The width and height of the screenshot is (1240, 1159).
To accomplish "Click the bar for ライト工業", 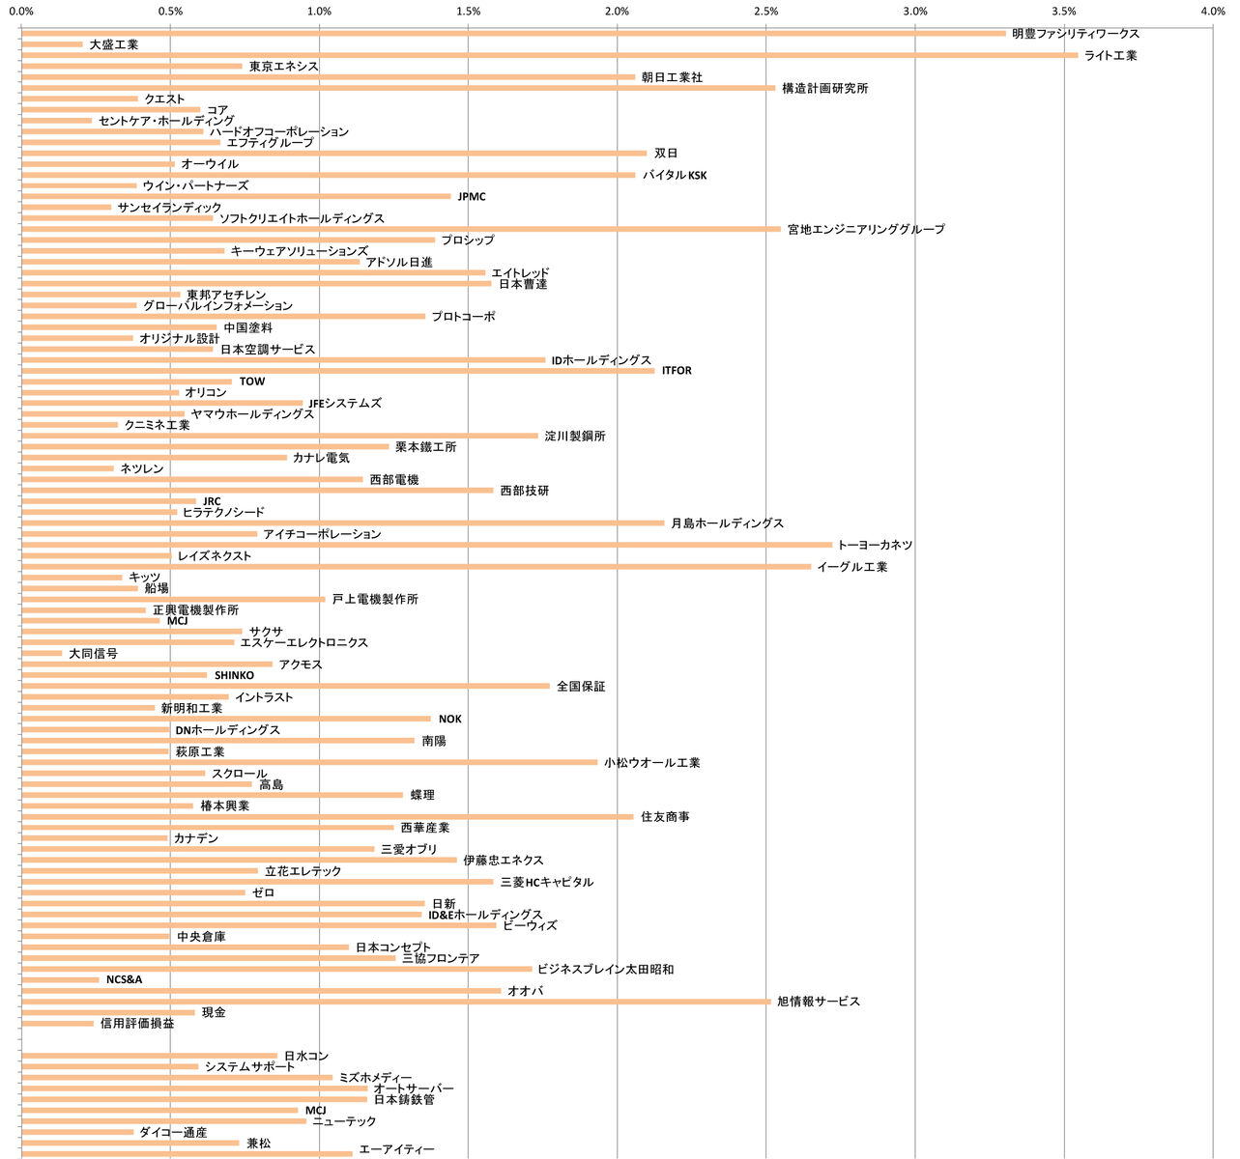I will coord(549,55).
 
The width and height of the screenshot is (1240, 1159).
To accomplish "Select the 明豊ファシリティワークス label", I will coord(1076,34).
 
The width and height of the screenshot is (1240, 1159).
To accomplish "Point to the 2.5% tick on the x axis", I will coord(765,12).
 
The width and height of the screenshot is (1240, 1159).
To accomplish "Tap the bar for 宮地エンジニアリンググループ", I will coord(400,229).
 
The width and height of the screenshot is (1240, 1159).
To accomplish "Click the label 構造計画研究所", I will coord(824,88).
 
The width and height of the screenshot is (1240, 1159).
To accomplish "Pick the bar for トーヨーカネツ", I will coord(426,545).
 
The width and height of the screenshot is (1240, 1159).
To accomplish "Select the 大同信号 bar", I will coord(42,654).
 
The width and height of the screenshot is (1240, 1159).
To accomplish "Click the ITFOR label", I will coord(677,371).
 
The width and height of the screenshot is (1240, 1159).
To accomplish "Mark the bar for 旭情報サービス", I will coord(395,1002).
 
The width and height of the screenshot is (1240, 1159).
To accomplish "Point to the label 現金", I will coord(214,1012).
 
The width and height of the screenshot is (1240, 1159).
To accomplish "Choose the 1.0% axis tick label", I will coord(319,12).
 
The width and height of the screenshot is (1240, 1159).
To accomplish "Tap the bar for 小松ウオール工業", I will coord(309,762).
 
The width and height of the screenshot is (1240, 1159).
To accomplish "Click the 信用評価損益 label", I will coord(137,1023).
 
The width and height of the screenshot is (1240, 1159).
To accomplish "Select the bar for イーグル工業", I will coord(416,567).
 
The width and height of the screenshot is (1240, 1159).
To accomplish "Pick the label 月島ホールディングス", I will coord(727,523).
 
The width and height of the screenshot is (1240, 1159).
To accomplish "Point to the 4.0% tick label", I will coord(1212,12).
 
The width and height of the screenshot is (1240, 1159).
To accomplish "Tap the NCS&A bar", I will coord(60,980).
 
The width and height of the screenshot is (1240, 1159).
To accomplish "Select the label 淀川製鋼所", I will coord(575,437).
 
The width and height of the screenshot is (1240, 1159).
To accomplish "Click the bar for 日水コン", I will coord(149,1056).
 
